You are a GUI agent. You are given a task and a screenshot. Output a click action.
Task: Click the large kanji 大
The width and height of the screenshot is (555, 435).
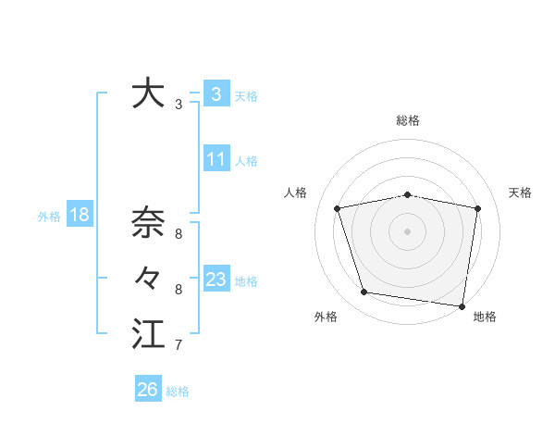(x=148, y=93)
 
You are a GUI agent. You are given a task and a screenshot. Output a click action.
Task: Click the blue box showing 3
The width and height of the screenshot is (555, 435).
(x=216, y=93)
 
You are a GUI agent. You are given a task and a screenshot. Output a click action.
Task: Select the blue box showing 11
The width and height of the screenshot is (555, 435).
(x=216, y=159)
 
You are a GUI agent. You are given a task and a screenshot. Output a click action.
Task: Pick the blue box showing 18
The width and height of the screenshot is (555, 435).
(x=79, y=216)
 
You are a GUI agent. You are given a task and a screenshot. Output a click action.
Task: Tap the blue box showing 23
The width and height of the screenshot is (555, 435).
(x=216, y=280)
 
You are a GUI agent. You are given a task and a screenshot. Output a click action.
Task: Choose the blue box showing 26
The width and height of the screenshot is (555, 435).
(x=147, y=390)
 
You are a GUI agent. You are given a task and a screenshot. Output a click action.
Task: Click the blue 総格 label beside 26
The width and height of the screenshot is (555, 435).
(x=178, y=391)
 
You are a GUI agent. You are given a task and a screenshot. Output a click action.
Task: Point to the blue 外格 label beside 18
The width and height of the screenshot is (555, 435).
(x=49, y=217)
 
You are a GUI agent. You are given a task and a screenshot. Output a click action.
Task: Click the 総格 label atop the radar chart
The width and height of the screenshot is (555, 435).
(x=407, y=120)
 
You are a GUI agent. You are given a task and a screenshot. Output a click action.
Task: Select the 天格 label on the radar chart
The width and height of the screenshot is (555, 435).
(x=521, y=193)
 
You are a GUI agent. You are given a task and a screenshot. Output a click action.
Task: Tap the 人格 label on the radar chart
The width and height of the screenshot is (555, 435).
(x=295, y=193)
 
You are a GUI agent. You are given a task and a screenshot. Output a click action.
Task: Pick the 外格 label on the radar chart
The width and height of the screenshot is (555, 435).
(x=325, y=317)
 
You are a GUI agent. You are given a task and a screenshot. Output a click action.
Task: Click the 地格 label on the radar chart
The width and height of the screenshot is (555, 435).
(x=485, y=317)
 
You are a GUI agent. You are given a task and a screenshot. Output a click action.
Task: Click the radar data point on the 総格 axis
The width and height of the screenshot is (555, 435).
(x=407, y=195)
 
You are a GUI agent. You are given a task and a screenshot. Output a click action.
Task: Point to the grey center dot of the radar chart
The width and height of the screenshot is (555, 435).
(x=407, y=231)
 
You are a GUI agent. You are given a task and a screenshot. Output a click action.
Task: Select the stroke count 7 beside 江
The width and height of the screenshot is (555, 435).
(x=178, y=345)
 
